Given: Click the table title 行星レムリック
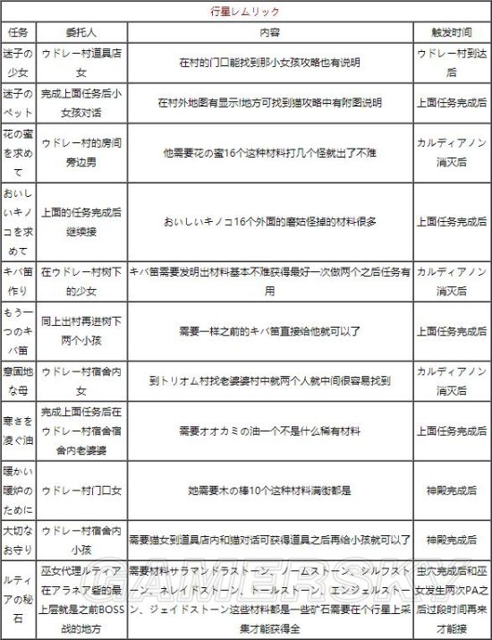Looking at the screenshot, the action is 245,12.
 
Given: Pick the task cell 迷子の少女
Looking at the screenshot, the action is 18,64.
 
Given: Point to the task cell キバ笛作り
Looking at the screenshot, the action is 18,281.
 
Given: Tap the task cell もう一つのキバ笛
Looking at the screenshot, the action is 18,329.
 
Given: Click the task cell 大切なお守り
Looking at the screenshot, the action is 18,540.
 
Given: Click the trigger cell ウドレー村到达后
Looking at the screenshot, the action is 452,64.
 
